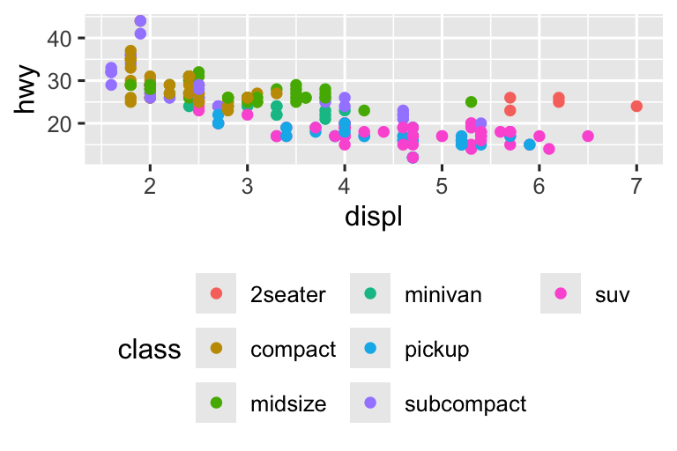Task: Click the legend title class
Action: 149,351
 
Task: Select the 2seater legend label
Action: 288,295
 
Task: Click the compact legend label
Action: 293,350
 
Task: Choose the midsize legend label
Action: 288,404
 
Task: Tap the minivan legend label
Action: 443,295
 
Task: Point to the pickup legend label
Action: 436,350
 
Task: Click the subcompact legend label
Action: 465,404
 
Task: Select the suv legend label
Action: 613,295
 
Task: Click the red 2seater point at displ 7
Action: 636,107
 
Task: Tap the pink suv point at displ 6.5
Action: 588,137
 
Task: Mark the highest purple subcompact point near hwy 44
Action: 140,21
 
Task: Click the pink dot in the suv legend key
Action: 560,294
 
